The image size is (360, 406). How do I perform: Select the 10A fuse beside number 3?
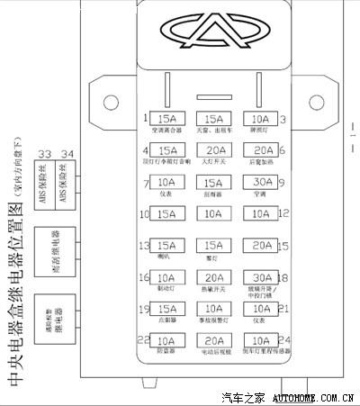pos(261,119)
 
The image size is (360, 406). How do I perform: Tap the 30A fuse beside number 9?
pos(261,182)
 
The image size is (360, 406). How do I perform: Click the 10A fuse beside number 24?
pos(261,341)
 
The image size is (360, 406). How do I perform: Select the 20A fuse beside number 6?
pos(261,150)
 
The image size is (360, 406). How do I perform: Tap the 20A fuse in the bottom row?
pos(214,341)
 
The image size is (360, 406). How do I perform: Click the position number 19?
pos(143,310)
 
